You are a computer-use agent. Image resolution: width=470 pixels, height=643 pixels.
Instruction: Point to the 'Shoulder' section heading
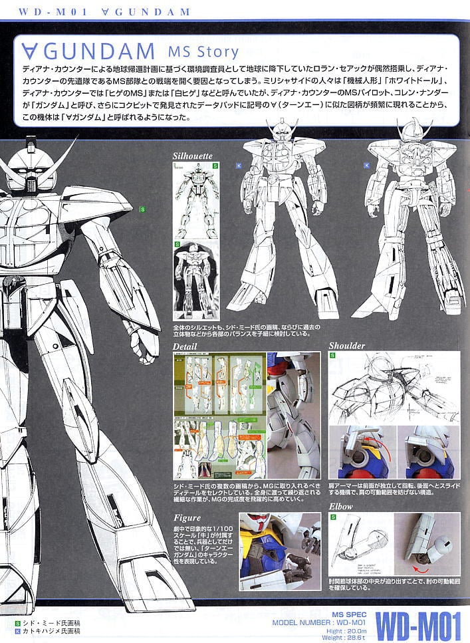point(347,346)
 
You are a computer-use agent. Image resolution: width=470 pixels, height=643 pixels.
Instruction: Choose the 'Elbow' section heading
point(342,507)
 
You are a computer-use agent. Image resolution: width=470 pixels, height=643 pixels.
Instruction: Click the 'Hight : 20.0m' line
point(346,630)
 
